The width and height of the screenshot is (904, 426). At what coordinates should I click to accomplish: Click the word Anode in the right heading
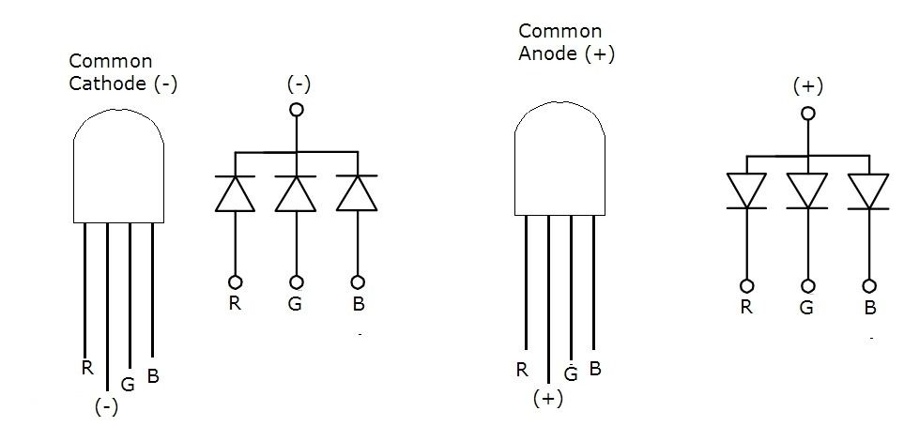(548, 53)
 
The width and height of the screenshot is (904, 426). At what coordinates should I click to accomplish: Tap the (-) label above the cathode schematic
(298, 84)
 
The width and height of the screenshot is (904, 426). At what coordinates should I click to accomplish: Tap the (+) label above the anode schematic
(807, 86)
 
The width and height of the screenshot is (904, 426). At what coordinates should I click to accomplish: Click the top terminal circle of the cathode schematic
(298, 110)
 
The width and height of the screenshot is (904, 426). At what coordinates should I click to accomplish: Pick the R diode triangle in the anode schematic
(747, 190)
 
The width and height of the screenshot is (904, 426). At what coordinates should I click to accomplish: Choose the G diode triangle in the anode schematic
(807, 190)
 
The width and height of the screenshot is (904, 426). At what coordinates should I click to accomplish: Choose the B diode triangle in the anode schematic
(868, 190)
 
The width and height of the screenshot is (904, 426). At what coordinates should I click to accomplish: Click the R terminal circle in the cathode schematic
(235, 281)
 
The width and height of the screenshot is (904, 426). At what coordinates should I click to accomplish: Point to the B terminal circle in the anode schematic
(869, 285)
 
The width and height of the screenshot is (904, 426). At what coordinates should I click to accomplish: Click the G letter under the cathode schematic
(297, 305)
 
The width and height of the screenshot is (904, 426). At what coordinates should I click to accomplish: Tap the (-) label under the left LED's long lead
(106, 407)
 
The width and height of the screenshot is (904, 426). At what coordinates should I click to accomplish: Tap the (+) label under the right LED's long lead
(547, 399)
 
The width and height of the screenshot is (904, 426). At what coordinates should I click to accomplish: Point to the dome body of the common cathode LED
(119, 169)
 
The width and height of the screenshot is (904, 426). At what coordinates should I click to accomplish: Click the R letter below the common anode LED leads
(522, 369)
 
